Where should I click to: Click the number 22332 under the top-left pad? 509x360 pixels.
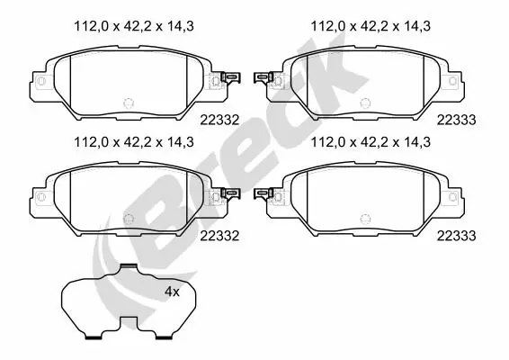click(220, 119)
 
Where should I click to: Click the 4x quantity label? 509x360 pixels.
click(172, 292)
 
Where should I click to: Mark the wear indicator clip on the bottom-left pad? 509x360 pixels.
click(229, 193)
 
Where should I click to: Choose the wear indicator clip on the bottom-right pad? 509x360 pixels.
click(263, 193)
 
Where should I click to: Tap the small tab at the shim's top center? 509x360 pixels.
click(129, 268)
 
